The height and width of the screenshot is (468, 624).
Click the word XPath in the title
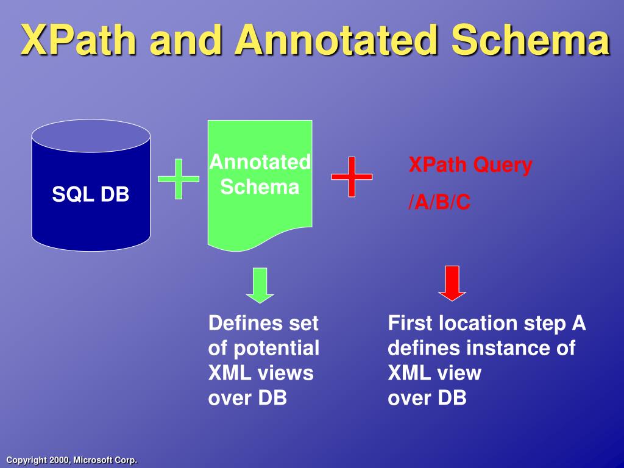pos(79,40)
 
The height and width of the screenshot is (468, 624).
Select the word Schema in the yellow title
pos(531,40)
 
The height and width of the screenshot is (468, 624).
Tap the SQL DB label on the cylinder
pos(91,194)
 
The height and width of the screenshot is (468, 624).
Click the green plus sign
pos(179,179)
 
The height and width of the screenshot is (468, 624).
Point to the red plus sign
pos(352,177)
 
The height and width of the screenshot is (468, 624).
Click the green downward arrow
pos(260,285)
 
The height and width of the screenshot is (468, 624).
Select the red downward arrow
pos(452,283)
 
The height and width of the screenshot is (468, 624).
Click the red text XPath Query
pos(470,165)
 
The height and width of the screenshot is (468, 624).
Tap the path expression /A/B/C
pos(439,202)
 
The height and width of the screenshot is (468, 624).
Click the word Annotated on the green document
pos(260,162)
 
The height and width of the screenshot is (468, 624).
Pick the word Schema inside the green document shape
pos(260,186)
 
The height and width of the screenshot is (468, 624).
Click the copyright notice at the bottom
pos(72,460)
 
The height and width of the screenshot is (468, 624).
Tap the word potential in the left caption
pos(276,349)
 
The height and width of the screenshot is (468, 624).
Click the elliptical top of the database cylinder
pos(91,136)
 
